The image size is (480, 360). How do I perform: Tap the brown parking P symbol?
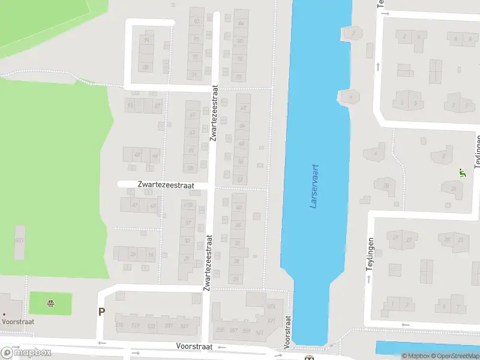tap(101, 311)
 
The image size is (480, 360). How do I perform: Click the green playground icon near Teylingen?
tap(462, 173)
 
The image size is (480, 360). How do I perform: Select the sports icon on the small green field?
tap(50, 304)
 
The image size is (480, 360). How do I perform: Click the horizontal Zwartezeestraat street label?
tap(165, 185)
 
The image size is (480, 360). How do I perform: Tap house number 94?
tap(146, 40)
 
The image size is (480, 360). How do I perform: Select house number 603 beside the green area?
tap(19, 240)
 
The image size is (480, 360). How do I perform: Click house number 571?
tap(271, 320)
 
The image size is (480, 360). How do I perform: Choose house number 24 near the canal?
tap(236, 278)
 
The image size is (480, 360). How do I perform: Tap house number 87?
tap(157, 106)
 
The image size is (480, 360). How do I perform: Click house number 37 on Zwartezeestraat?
tap(188, 223)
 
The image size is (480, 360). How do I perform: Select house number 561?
tap(259, 331)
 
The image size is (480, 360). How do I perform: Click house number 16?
tap(151, 254)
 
